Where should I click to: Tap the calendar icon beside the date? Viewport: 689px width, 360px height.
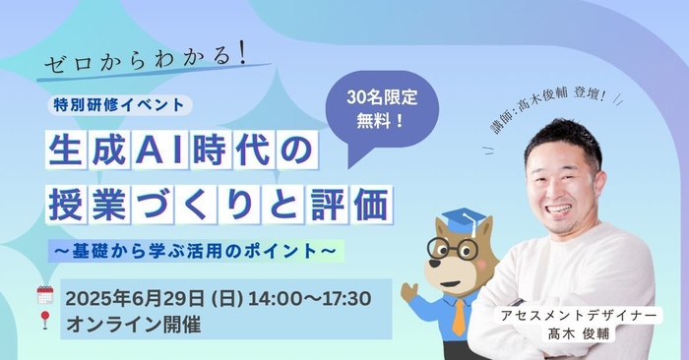[x=44, y=294]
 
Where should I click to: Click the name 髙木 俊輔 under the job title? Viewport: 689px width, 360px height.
[x=579, y=333]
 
